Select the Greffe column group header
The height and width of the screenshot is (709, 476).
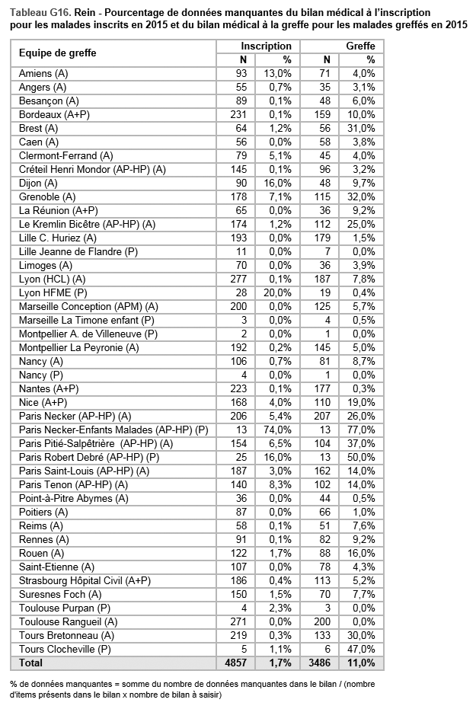(360, 46)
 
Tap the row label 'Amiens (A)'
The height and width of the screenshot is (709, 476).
(43, 73)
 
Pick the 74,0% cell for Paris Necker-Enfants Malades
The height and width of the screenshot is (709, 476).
(278, 430)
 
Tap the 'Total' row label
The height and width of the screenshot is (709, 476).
(32, 663)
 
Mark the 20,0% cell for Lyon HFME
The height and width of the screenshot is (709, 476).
(278, 292)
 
